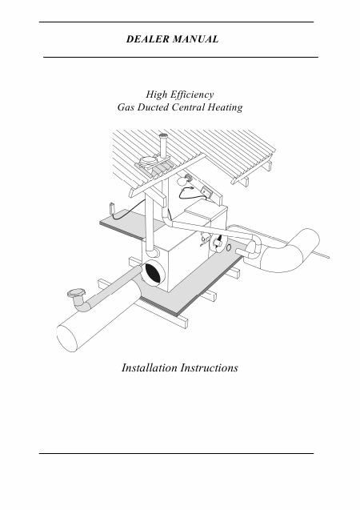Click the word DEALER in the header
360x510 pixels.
click(x=148, y=39)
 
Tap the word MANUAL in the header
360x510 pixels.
click(x=195, y=39)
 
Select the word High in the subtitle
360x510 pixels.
click(x=156, y=94)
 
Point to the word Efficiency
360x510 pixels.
click(x=192, y=94)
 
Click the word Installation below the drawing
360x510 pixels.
click(x=150, y=367)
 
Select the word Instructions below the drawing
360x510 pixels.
click(x=210, y=367)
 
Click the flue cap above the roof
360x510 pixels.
click(x=163, y=137)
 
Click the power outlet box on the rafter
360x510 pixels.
click(x=207, y=192)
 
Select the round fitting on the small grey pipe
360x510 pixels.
click(x=76, y=293)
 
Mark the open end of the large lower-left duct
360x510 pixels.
click(x=66, y=339)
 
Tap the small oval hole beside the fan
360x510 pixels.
click(x=229, y=248)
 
